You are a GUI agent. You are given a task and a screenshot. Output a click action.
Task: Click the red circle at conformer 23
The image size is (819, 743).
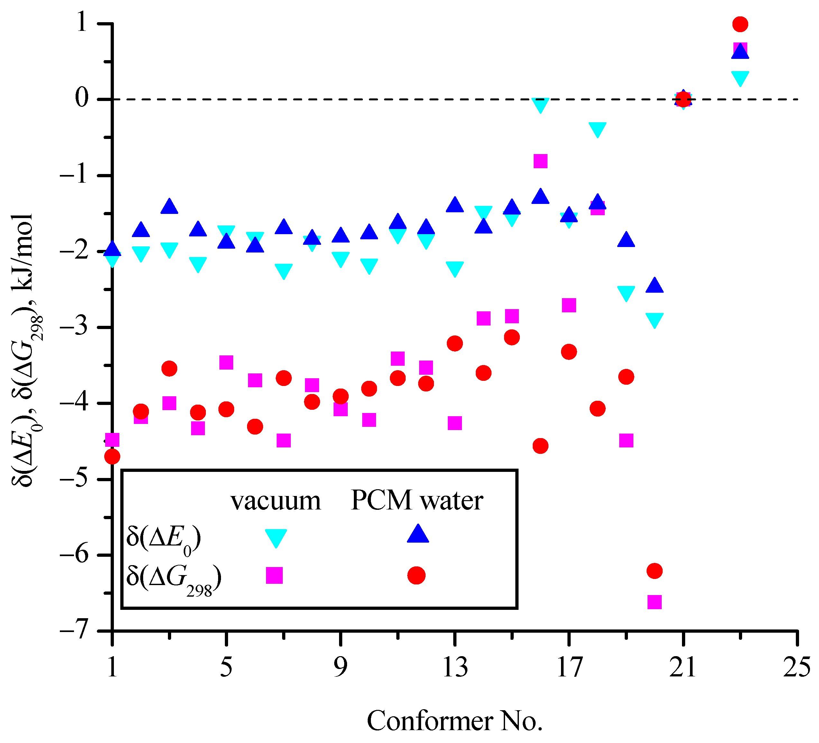coord(740,24)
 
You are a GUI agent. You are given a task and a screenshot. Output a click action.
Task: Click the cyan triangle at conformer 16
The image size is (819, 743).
coord(540,105)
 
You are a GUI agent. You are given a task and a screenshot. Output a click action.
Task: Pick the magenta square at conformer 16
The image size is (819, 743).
coord(540,161)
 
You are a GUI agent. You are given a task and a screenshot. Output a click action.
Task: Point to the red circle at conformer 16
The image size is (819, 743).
coord(540,445)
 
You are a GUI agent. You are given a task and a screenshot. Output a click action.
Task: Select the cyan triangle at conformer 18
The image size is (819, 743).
coord(597,129)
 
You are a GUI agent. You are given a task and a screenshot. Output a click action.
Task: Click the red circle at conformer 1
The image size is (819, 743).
coord(112,457)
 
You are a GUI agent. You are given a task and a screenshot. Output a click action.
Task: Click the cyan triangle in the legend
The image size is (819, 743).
coord(276,537)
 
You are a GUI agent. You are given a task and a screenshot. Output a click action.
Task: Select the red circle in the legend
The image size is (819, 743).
coord(416,575)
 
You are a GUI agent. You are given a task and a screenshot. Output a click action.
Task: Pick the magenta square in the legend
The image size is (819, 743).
coord(274,575)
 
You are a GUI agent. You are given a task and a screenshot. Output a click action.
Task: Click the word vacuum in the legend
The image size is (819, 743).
coord(276,501)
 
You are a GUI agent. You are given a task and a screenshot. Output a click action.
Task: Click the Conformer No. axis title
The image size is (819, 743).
coord(455,721)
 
